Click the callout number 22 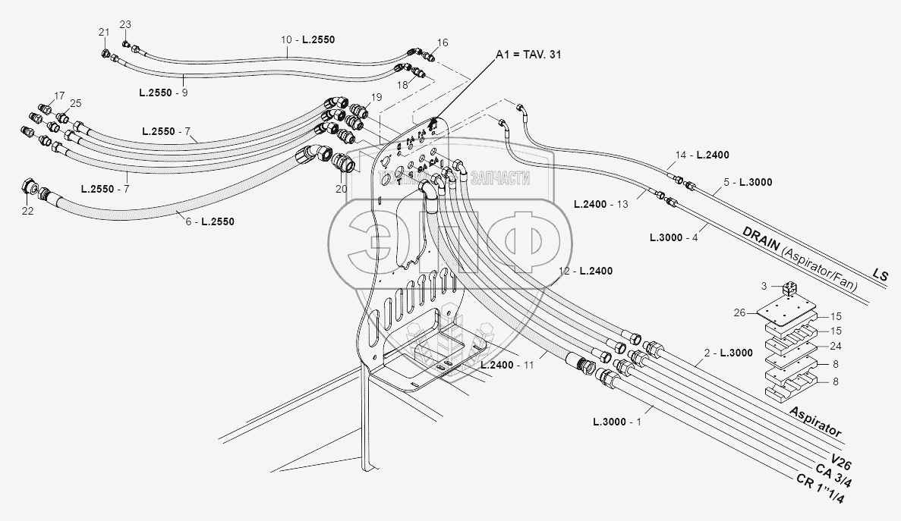pos(27,211)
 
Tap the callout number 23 pos(125,25)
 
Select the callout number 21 pos(104,32)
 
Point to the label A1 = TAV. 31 pos(528,54)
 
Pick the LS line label pos(880,275)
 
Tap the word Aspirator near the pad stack pos(815,422)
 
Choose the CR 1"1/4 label pos(821,489)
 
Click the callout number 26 pos(741,312)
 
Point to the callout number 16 pos(443,42)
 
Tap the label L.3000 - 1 pos(617,421)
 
